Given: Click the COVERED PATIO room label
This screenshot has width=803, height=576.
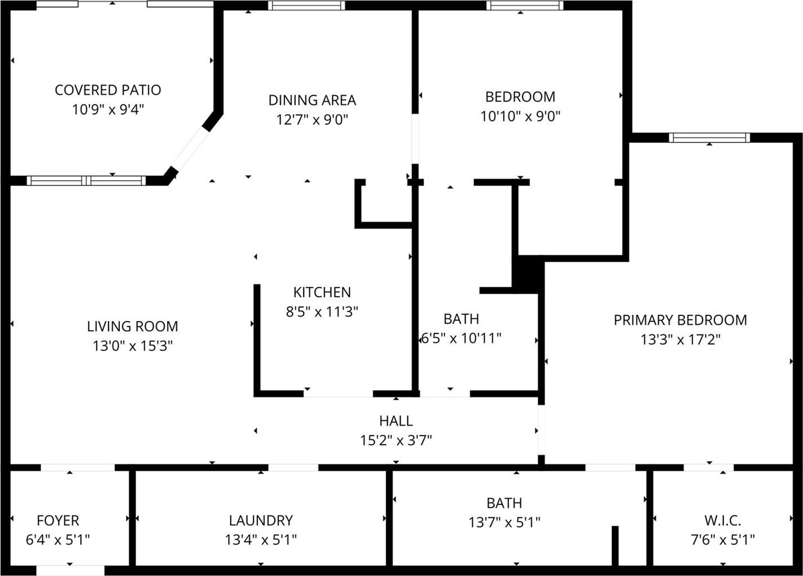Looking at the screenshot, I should point(107,90).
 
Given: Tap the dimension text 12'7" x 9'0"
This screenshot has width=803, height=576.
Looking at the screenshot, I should point(312,120).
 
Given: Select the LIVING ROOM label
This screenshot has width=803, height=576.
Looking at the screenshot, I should point(132,326).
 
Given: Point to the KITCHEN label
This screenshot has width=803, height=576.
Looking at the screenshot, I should point(322,292).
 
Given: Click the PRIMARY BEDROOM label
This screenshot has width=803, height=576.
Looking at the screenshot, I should point(680,320).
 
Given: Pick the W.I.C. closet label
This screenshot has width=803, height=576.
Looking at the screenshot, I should point(723,521).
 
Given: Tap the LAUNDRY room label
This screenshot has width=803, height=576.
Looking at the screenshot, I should point(261,521).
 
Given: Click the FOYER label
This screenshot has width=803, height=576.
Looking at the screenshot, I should point(58,521).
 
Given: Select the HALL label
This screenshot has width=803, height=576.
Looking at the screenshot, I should point(396,421).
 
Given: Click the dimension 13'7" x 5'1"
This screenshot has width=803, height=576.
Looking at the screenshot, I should point(504,522).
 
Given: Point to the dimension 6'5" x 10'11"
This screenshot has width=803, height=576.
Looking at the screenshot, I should point(461,339).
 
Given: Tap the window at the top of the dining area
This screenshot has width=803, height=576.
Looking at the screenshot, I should point(306,6).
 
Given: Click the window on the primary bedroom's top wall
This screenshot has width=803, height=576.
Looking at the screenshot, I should point(709,137).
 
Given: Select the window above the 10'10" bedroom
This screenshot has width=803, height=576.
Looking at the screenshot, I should point(524,6).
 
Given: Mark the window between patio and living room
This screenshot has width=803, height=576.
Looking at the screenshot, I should point(87,181).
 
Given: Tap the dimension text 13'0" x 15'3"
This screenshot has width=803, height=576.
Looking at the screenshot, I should point(132,346).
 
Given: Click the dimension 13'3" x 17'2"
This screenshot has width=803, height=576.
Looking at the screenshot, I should point(680,340).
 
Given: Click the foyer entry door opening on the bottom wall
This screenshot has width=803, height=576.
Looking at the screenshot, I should point(70,570).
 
